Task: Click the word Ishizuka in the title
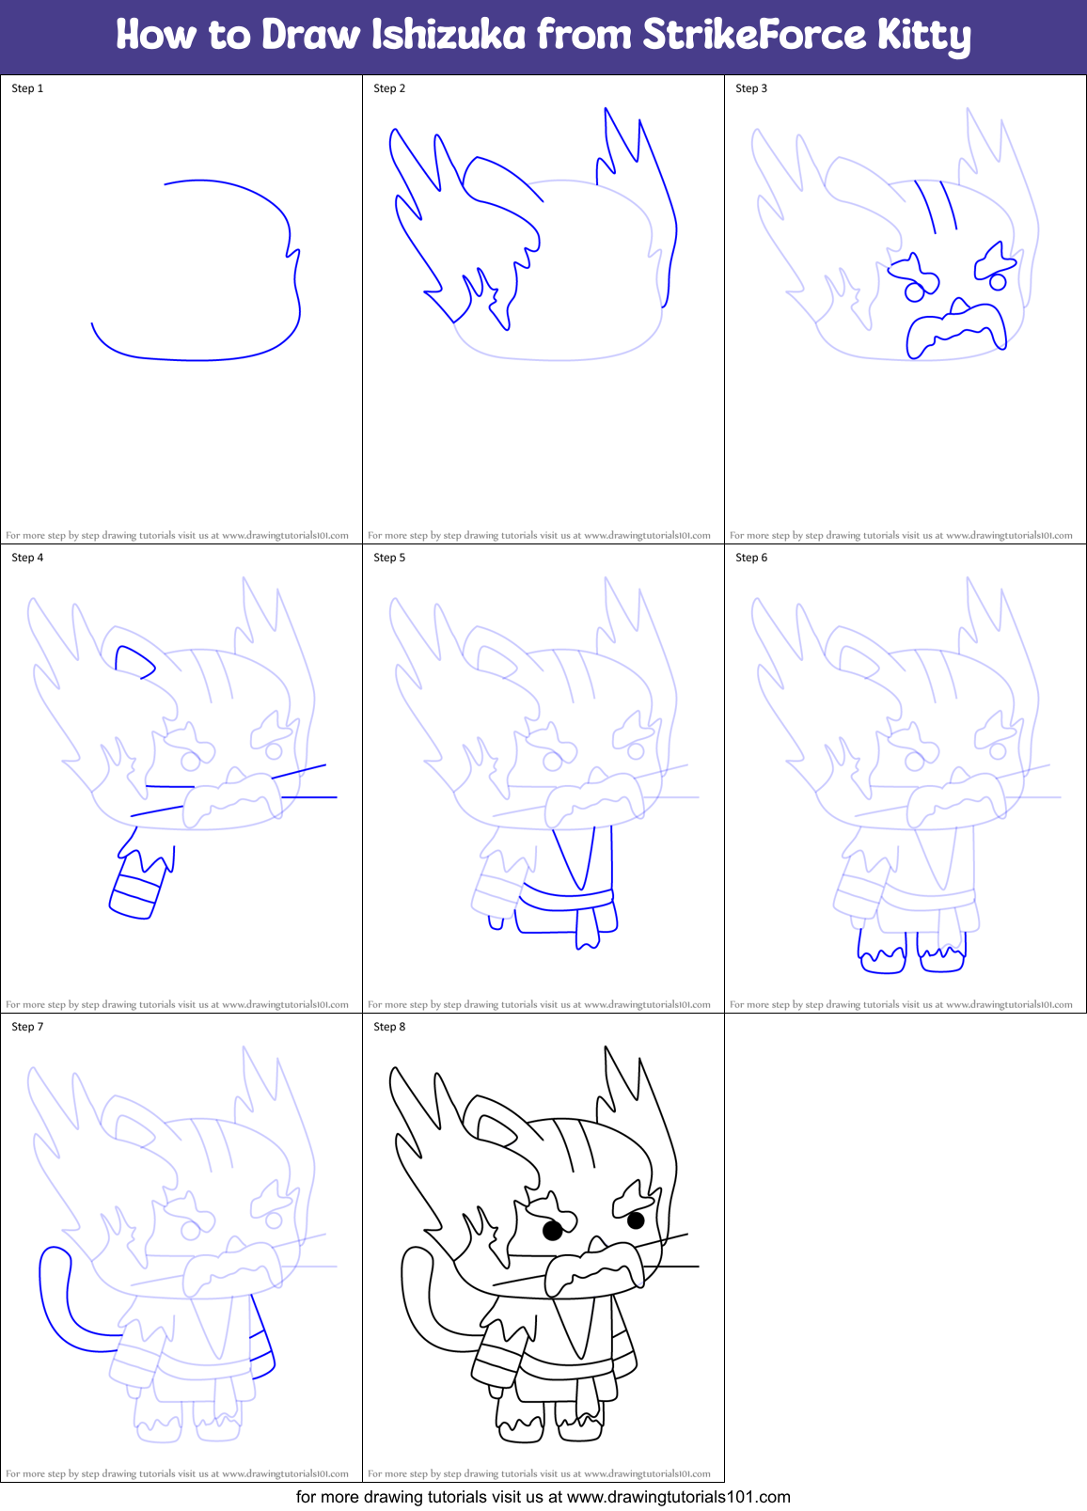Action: coord(449,35)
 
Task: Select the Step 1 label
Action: coord(27,88)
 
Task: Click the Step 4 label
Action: coord(27,558)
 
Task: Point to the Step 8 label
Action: coord(389,1027)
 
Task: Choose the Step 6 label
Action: coord(751,558)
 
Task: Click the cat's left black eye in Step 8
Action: coord(553,1229)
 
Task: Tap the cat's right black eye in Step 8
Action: coord(636,1220)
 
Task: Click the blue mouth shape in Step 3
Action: coord(954,329)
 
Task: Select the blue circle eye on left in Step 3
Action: coord(914,292)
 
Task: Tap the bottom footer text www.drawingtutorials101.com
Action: coord(678,1497)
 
